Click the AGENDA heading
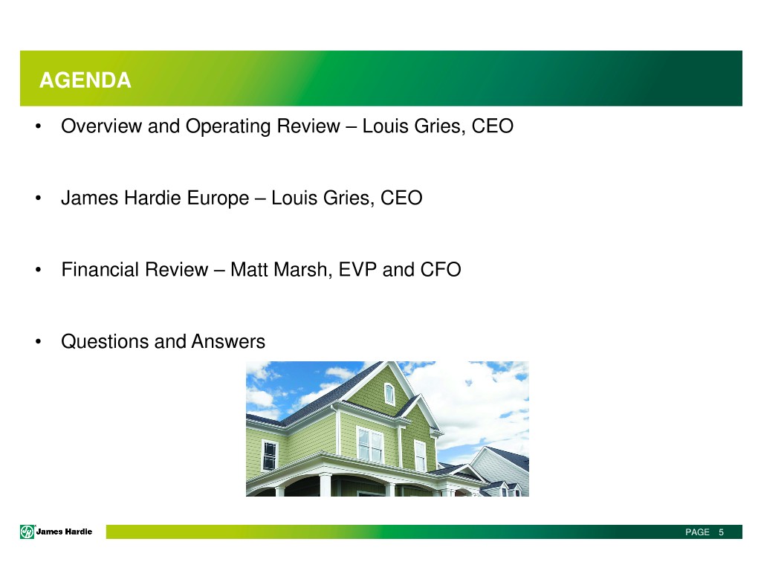pyautogui.click(x=85, y=80)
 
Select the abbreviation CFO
pyautogui.click(x=441, y=270)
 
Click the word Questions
pyautogui.click(x=105, y=342)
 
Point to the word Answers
pyautogui.click(x=228, y=342)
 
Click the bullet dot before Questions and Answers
pyautogui.click(x=39, y=342)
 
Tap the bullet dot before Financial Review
pyautogui.click(x=39, y=270)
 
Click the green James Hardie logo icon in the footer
pyautogui.click(x=27, y=532)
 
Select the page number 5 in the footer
pyautogui.click(x=721, y=532)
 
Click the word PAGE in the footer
pyautogui.click(x=697, y=532)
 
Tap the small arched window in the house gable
pyautogui.click(x=389, y=393)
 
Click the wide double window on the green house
pyautogui.click(x=370, y=444)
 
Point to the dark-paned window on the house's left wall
pyautogui.click(x=269, y=455)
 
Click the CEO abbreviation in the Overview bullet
pyautogui.click(x=493, y=126)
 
